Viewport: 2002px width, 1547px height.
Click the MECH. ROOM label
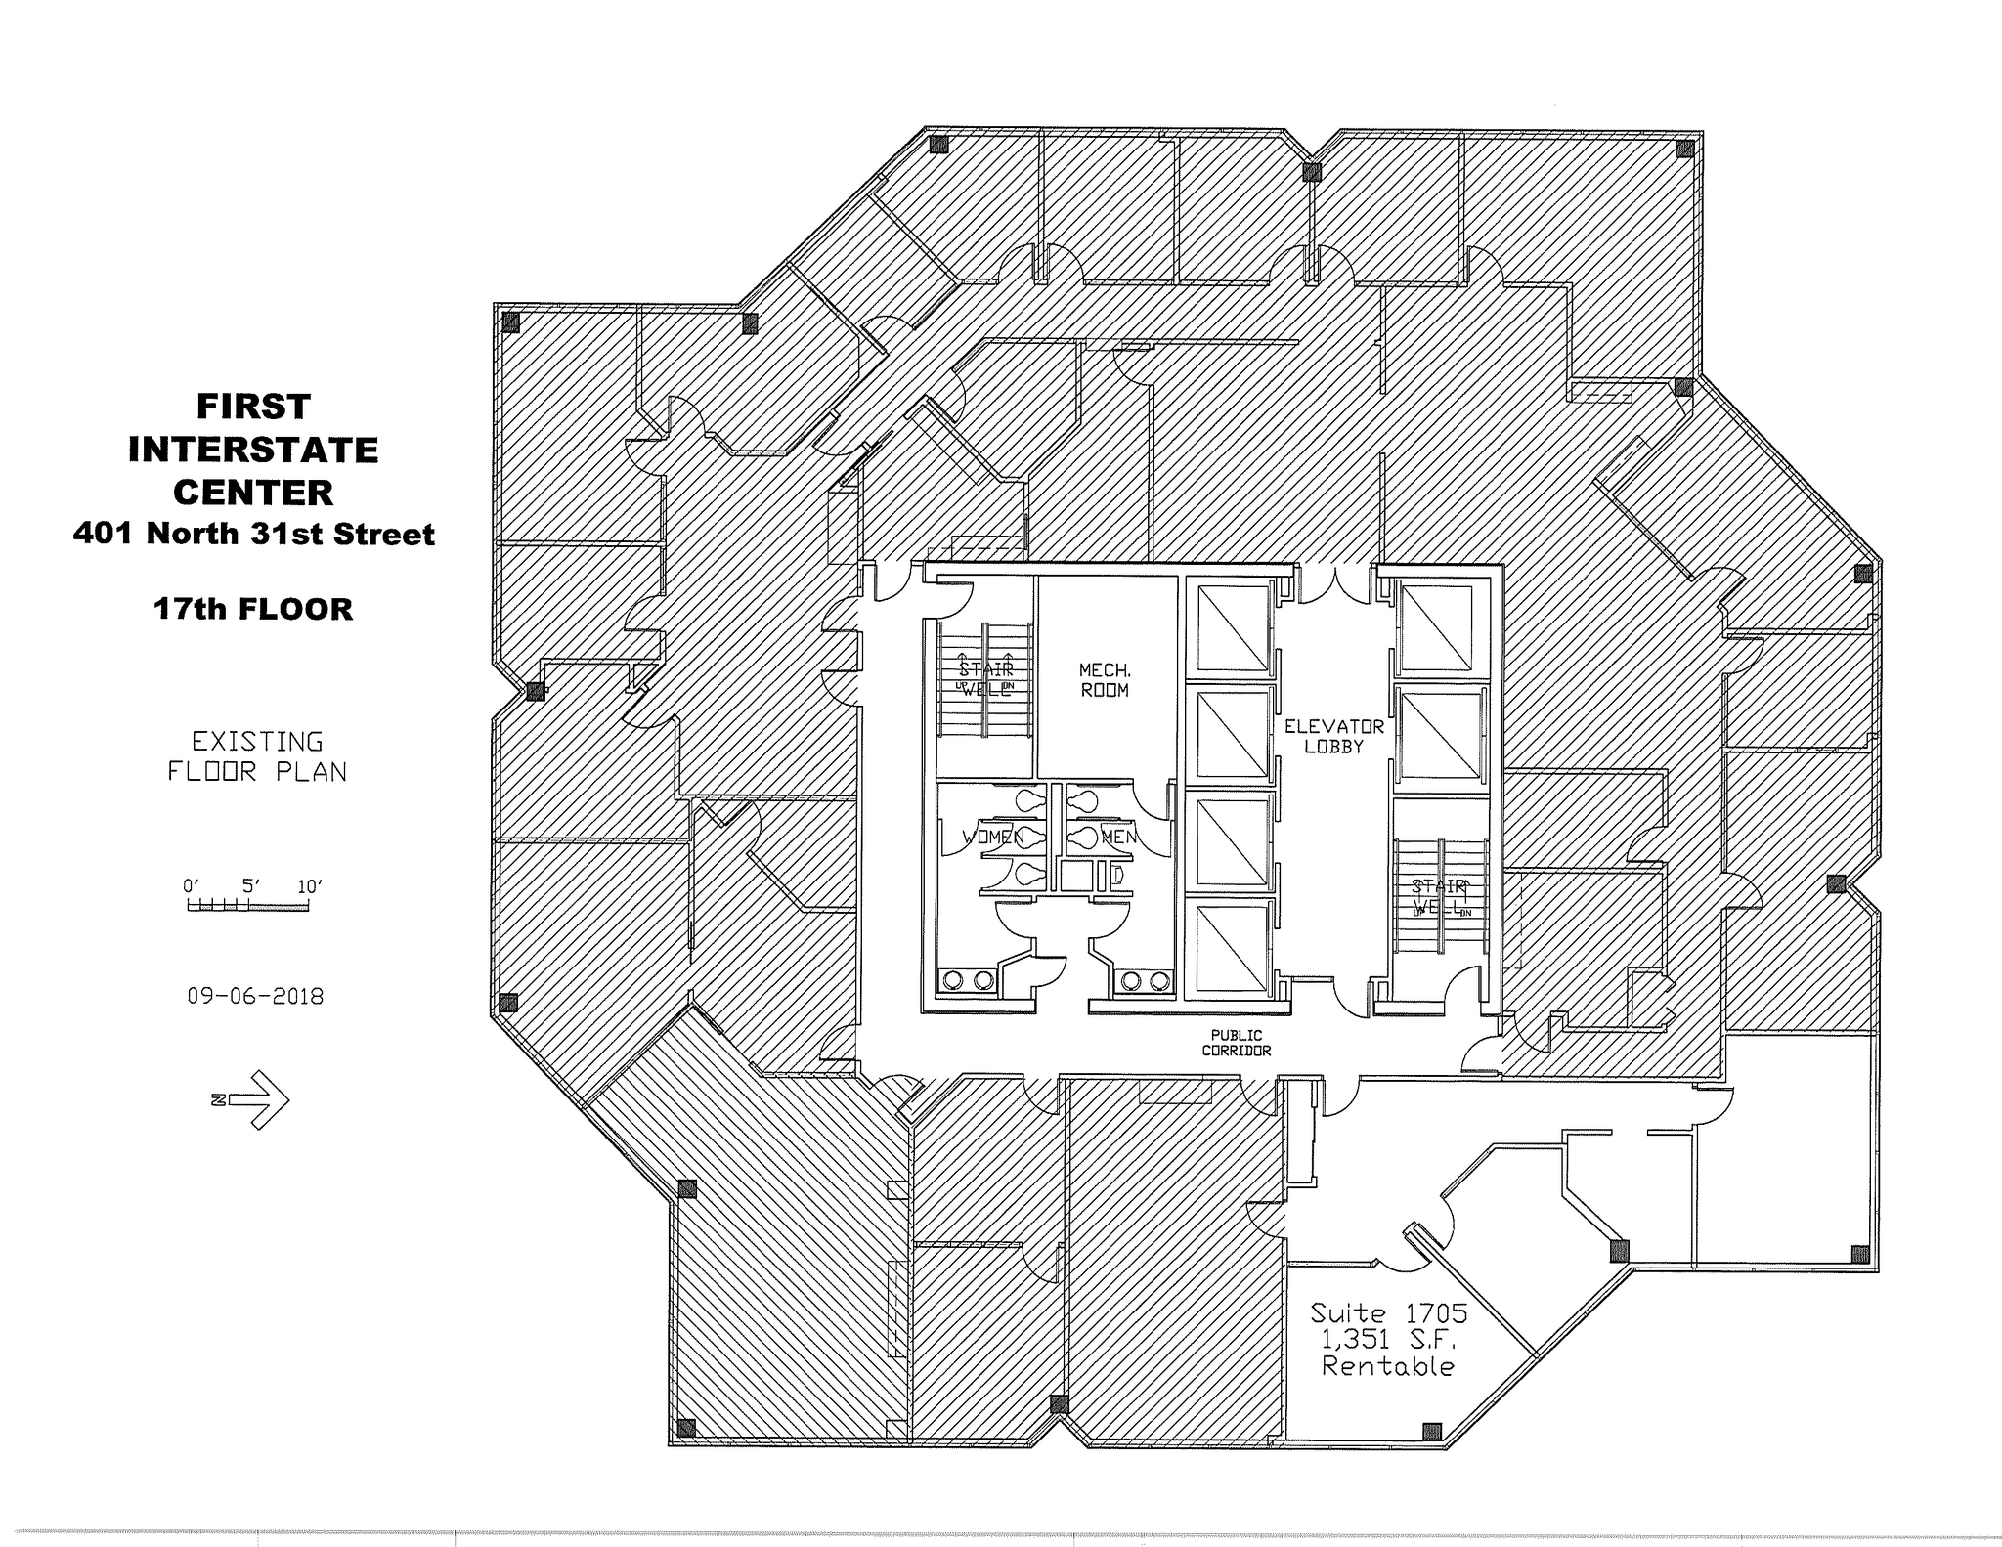pos(1105,680)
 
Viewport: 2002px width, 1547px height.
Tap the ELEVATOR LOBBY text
pos(1334,736)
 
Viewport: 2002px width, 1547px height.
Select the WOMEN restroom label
pos(992,838)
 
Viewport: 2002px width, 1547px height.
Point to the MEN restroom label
pos(1118,838)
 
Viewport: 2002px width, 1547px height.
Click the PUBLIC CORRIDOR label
pos(1237,1043)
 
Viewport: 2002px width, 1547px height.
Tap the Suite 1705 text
pos(1388,1311)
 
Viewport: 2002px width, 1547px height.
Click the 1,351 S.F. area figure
pos(1388,1339)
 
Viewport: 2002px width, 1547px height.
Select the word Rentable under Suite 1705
pos(1388,1366)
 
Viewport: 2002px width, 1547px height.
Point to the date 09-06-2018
pos(255,996)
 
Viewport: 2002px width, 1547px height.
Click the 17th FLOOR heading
pos(253,609)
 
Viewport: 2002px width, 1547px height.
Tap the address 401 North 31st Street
pos(253,534)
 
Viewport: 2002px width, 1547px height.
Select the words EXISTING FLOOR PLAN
pos(256,756)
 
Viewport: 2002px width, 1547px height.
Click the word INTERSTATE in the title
pos(253,450)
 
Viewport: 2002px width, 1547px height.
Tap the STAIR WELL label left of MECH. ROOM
pos(985,679)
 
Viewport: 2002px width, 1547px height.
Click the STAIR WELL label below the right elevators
pos(1440,896)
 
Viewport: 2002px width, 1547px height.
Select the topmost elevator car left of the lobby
pos(1232,628)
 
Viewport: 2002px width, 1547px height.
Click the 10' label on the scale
pos(309,886)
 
